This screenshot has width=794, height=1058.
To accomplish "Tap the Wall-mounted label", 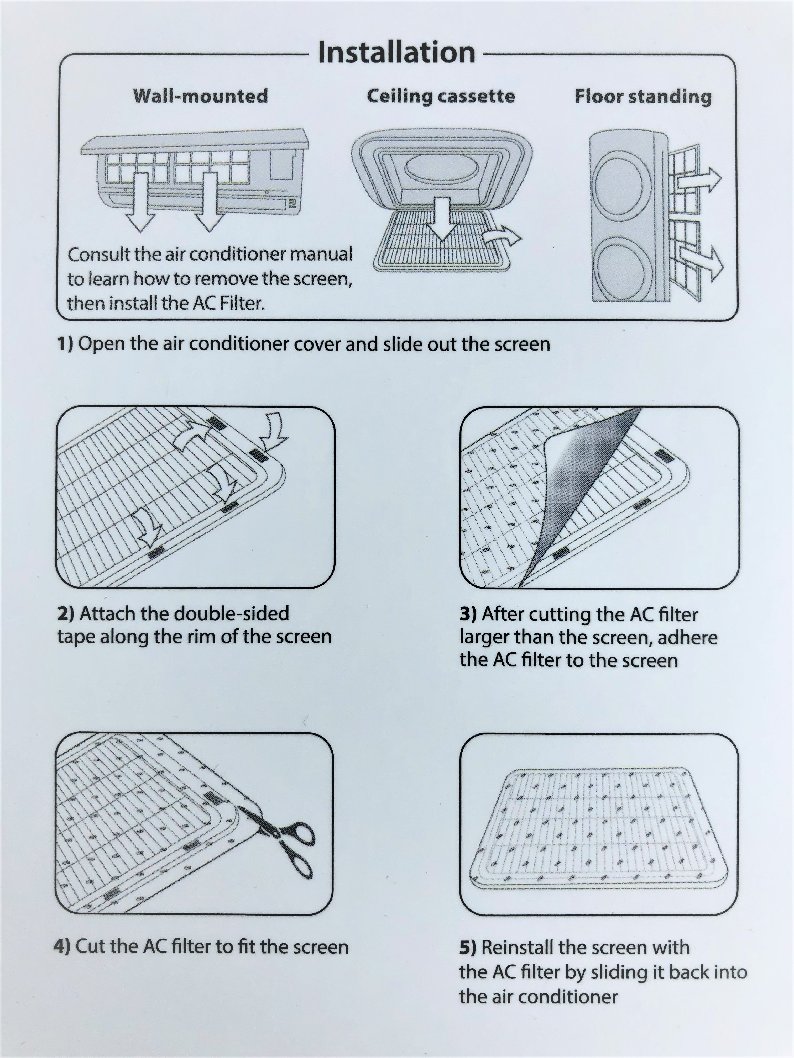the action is (x=201, y=96).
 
